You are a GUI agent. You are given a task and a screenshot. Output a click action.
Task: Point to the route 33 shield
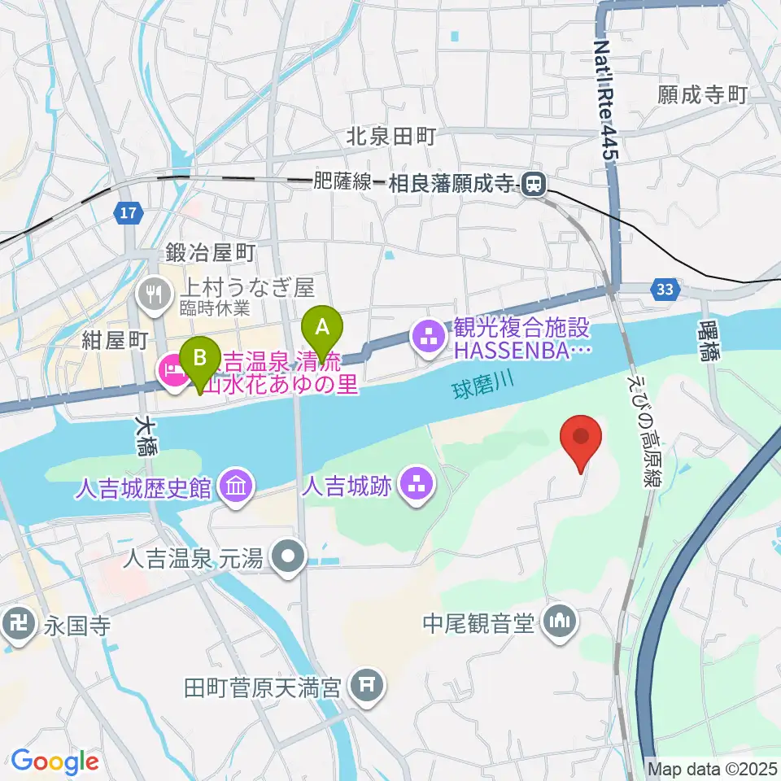point(664,288)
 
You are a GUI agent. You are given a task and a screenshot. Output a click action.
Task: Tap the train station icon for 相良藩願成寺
point(534,185)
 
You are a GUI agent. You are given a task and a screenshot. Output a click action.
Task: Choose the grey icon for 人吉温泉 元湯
point(288,558)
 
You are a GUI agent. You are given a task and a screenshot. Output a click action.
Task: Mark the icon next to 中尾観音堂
point(559,624)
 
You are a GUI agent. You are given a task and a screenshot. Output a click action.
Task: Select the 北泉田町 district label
point(391,135)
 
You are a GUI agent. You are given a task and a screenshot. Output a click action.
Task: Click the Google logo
point(55,761)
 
